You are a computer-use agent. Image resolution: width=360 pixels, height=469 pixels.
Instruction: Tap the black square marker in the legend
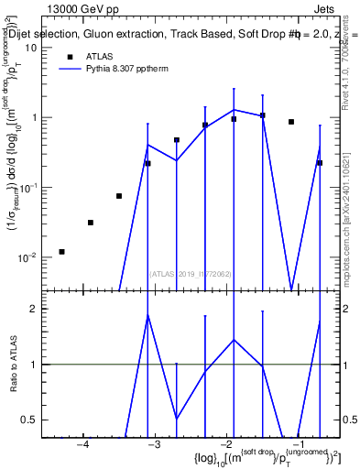click(60, 56)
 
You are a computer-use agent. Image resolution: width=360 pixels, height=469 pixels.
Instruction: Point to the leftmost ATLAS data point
click(61, 251)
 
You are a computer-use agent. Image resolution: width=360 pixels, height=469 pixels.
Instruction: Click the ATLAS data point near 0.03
click(90, 222)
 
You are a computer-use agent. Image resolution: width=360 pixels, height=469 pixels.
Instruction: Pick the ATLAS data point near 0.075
click(119, 195)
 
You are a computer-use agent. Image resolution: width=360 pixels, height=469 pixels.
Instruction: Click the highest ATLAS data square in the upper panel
click(262, 115)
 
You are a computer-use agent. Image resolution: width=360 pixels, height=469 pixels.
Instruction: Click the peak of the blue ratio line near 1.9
click(147, 315)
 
